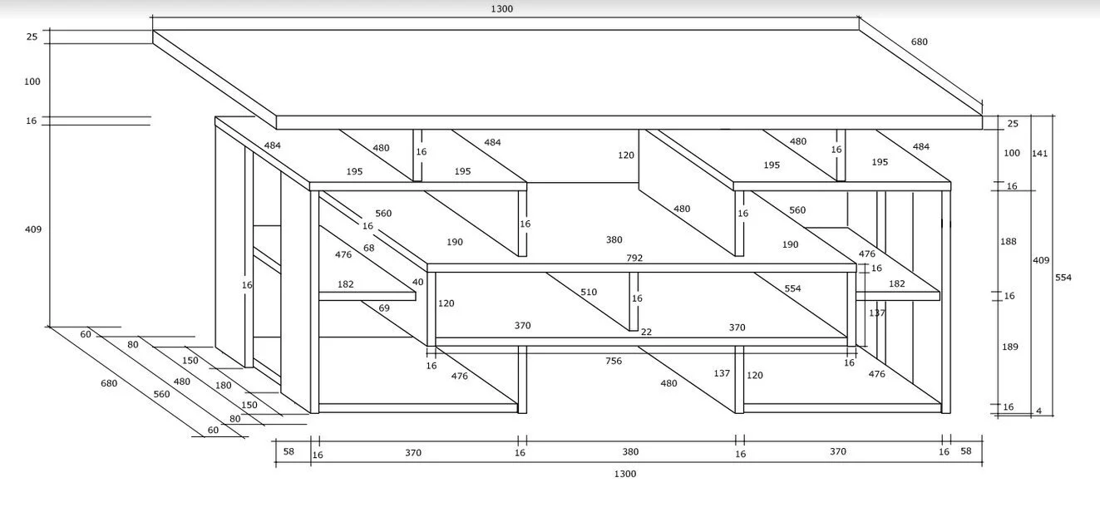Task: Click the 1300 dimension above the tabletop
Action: tap(501, 9)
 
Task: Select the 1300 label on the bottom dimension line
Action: tap(624, 474)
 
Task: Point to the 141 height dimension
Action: tap(1038, 153)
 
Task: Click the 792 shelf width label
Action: tap(634, 259)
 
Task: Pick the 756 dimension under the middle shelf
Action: tap(614, 362)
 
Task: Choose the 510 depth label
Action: tap(589, 293)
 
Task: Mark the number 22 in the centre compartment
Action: tap(646, 332)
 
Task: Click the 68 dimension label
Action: tap(369, 249)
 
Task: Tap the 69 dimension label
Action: tap(384, 308)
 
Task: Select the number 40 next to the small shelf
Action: tap(417, 282)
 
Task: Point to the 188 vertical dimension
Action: tap(1008, 242)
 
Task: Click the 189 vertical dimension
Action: tap(1009, 347)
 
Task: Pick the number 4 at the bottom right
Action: tap(1039, 410)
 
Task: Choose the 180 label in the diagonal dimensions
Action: tap(223, 386)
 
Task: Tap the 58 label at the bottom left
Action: tap(289, 451)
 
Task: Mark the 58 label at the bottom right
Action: tap(965, 451)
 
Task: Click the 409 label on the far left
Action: tap(33, 229)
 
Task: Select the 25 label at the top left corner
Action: tap(32, 37)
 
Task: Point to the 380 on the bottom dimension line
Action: tap(630, 452)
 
